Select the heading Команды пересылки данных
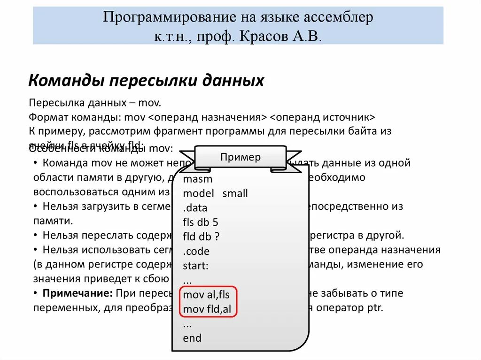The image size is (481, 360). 146,81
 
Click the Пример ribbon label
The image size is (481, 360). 240,157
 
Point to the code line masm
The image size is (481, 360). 198,179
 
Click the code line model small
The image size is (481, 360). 215,193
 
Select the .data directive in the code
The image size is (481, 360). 195,208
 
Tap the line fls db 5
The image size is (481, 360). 201,222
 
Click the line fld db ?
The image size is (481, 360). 201,237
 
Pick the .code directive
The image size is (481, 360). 196,251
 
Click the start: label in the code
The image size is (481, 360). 195,266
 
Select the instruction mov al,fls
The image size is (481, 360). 206,295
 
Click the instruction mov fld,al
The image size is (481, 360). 208,309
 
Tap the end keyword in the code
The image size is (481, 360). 192,338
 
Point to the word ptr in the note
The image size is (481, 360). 374,308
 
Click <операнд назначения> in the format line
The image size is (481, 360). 208,117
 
